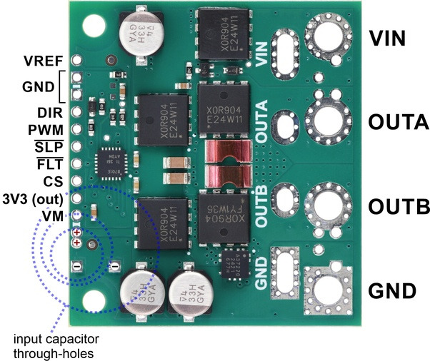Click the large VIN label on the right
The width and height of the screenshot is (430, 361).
point(391,38)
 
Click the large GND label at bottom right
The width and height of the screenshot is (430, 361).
point(391,290)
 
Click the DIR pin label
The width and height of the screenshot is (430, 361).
point(50,113)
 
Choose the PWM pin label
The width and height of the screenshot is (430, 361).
point(46,130)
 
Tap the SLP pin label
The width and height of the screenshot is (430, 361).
point(51,147)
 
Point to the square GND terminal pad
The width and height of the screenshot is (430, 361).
point(329,289)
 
